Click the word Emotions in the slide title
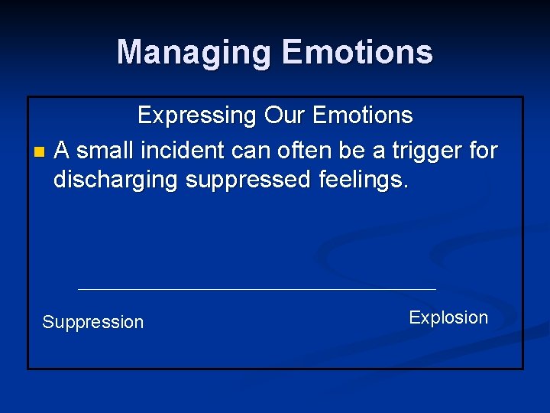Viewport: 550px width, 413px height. (357, 53)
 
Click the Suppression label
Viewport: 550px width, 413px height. (92, 323)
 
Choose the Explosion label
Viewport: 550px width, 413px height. (448, 318)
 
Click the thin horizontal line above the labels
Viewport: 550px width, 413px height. (257, 289)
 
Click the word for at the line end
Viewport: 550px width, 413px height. (483, 151)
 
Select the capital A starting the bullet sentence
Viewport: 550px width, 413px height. (63, 151)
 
